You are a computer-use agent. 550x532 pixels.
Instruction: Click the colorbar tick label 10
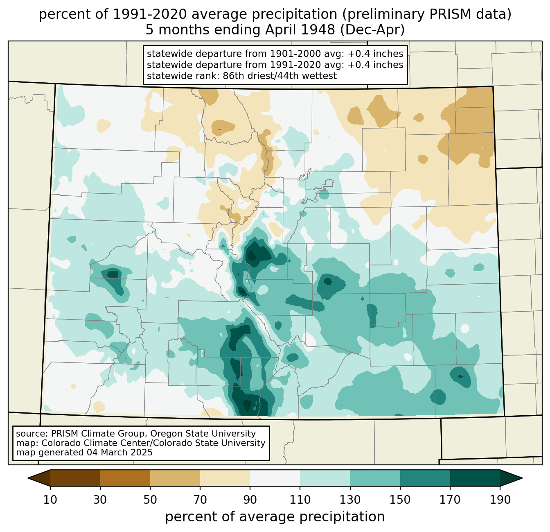[50, 500]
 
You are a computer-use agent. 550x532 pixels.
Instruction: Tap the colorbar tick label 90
[250, 500]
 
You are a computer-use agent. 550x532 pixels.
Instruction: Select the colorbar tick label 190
[500, 500]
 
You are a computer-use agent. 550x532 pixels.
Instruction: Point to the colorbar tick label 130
[350, 500]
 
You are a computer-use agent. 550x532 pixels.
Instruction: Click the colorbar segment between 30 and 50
[125, 478]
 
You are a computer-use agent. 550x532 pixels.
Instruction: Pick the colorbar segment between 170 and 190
[475, 478]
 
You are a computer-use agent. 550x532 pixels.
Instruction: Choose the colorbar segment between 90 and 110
[275, 478]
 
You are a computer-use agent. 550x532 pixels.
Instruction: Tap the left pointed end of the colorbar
[28, 478]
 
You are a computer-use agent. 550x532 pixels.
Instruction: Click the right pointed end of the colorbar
[522, 478]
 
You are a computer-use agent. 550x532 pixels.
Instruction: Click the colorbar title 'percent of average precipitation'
[275, 517]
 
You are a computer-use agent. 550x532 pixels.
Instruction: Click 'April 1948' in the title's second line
[300, 30]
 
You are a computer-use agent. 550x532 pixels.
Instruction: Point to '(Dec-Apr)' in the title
[372, 30]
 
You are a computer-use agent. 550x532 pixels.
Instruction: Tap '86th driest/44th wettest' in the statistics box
[280, 76]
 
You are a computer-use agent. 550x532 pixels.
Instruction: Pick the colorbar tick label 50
[150, 500]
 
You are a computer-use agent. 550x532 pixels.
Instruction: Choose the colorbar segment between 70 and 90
[225, 478]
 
